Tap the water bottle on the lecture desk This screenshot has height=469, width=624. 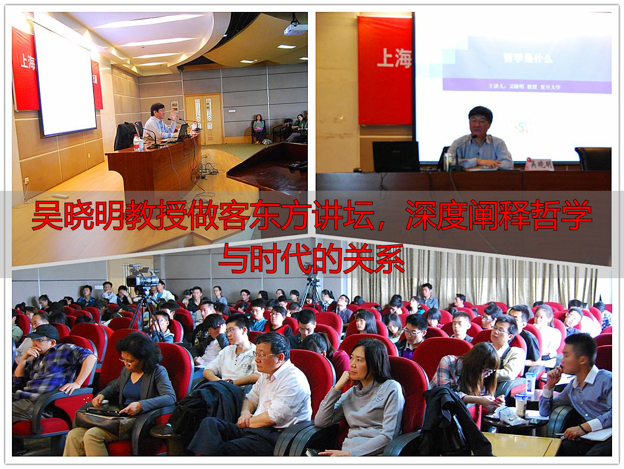pos(137,142)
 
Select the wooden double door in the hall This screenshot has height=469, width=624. pos(205,119)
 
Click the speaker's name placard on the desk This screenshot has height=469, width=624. pos(539,164)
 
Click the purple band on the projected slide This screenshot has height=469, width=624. pos(527,85)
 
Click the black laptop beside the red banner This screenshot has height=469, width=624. pos(395,157)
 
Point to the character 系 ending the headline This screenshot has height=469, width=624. pos(388,258)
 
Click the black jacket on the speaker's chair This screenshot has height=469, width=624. pos(125,136)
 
